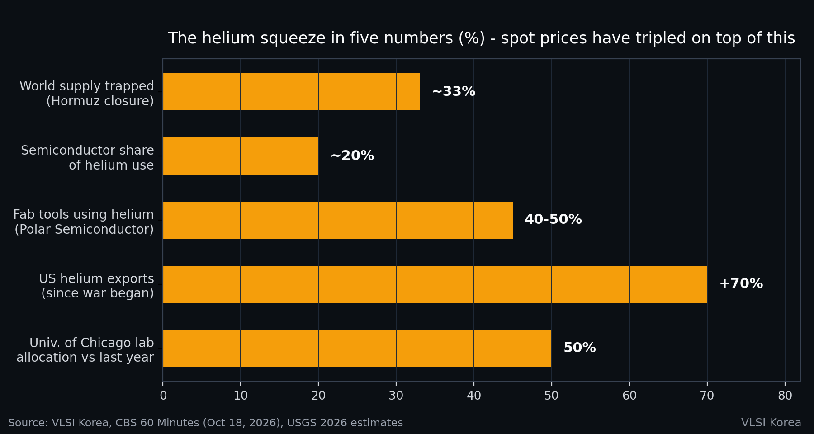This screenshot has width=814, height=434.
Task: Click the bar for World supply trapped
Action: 291,92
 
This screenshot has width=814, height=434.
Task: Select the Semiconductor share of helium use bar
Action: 241,156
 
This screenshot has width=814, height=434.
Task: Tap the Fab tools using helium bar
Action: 338,220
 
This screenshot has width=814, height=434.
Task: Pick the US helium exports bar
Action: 435,284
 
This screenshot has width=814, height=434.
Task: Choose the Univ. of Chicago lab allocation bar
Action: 357,348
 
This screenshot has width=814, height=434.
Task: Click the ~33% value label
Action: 454,92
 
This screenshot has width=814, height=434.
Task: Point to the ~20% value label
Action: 352,156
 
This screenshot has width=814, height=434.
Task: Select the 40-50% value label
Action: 553,220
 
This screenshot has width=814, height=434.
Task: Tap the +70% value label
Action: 741,284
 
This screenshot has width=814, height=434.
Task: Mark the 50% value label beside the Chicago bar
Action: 580,348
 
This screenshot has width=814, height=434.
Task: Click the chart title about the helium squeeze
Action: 482,38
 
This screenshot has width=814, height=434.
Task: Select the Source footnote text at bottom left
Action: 206,423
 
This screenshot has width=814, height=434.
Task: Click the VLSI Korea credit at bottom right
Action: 771,423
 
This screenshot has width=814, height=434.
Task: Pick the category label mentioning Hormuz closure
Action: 87,94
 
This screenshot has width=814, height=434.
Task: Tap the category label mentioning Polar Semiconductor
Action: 84,222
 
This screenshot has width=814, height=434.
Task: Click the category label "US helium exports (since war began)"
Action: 96,286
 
